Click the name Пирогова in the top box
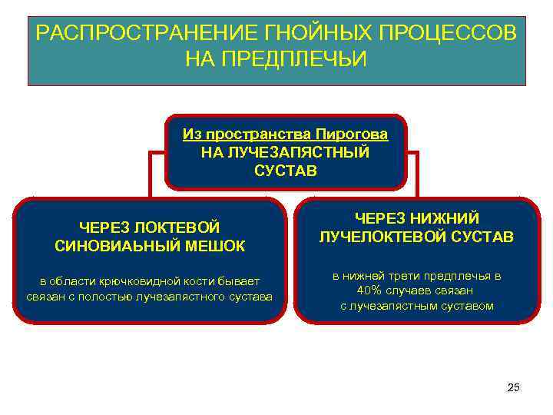coord(356,134)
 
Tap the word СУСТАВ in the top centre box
coord(285,169)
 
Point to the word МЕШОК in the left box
coord(217,246)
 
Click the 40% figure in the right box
coord(372,290)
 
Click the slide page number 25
coord(514,387)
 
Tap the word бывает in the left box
coord(243,280)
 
